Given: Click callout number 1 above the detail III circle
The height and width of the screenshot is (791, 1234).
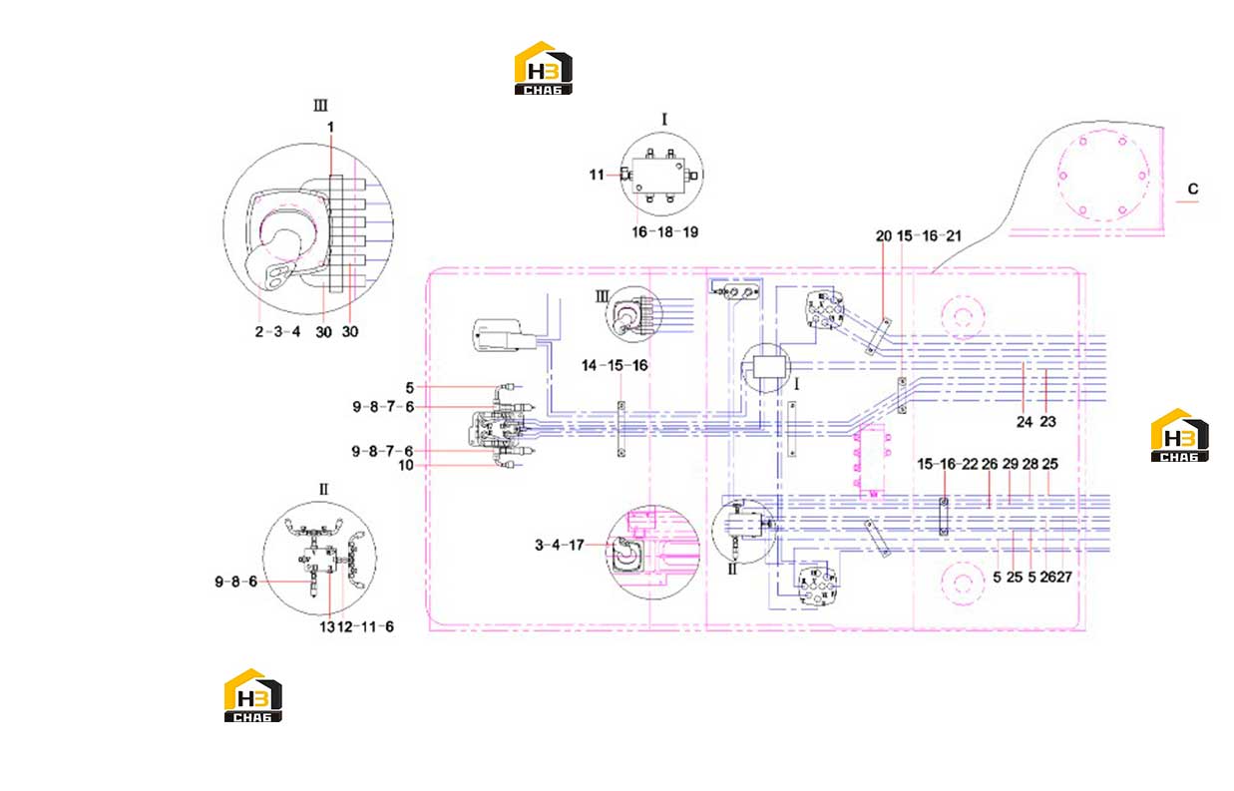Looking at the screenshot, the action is point(330,128).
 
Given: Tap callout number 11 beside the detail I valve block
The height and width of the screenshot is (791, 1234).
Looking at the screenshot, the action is point(597,176).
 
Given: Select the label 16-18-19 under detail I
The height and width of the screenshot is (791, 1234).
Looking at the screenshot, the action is point(664,232).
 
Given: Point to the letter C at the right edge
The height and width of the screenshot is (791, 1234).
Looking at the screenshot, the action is point(1193,189).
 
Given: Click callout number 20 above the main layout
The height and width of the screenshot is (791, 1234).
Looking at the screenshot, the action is point(884,236).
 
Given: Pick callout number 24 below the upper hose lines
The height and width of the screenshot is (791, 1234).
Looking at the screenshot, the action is point(1025,422).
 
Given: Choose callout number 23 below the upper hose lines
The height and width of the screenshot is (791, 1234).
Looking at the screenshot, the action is point(1047,422).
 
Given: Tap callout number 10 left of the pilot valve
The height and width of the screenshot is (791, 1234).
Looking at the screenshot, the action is point(405,466).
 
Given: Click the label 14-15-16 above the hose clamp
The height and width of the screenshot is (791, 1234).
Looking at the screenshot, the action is point(615,365).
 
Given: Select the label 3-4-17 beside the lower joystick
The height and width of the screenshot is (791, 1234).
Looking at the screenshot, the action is point(560,546).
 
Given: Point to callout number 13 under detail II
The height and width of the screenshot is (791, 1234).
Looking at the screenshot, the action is point(326,626).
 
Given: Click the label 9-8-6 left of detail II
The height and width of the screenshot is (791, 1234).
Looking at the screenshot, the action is point(235,582).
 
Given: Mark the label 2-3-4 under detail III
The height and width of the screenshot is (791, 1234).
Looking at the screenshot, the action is point(277,331).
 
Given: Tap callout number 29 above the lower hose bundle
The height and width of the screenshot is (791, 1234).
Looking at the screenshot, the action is point(1010,465).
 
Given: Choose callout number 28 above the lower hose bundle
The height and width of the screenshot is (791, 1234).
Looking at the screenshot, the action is point(1030,465).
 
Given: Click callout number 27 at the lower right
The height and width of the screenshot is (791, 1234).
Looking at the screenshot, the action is point(1064,577).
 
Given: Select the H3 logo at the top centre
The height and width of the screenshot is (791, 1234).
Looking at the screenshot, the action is point(544,68).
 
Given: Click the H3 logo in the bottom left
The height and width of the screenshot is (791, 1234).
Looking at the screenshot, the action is point(252,695).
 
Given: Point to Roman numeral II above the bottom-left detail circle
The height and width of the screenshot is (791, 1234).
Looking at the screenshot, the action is point(323,489).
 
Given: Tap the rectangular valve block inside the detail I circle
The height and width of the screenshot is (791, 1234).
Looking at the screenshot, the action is point(657,176).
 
